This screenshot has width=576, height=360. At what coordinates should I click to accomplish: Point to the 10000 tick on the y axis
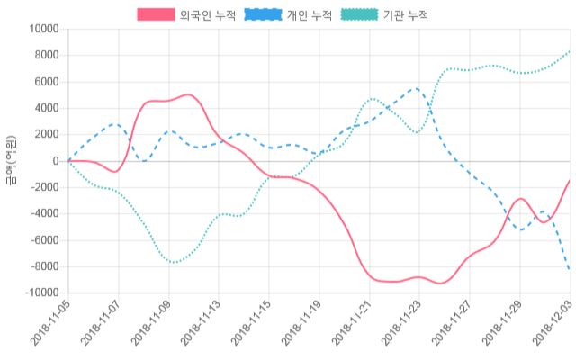(x=41, y=29)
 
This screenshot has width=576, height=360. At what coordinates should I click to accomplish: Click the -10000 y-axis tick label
(x=39, y=293)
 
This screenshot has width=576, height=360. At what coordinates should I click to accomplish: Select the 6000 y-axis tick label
(x=44, y=82)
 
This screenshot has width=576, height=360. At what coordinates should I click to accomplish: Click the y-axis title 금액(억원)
(x=11, y=161)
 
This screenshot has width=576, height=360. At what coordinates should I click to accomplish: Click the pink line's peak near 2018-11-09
(x=187, y=94)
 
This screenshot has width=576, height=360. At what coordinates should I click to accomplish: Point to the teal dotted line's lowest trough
(x=175, y=262)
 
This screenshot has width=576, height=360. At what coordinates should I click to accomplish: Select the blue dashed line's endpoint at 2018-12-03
(x=570, y=269)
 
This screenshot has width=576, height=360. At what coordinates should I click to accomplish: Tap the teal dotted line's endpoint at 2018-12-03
(x=570, y=52)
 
